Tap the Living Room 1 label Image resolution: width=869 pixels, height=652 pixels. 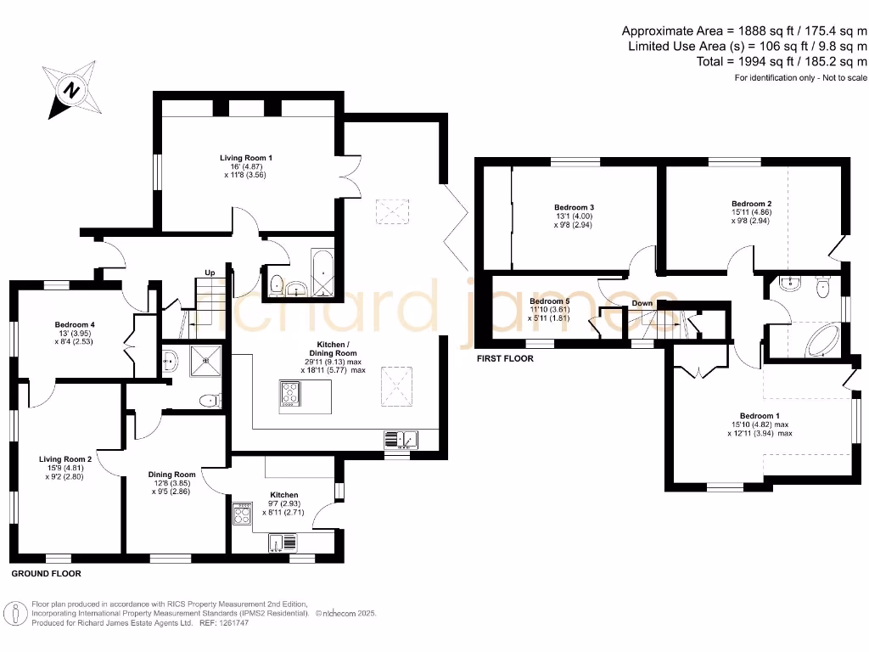coord(246,158)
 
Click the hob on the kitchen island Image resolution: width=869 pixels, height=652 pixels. coord(290,393)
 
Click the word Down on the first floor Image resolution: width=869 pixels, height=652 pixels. coord(642,303)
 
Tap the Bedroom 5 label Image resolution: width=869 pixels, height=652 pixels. coord(549,301)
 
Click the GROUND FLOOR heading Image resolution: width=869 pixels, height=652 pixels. coord(46,574)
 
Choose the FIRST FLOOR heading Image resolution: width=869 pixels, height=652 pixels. coord(505,359)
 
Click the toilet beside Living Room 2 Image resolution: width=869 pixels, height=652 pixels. coord(208,400)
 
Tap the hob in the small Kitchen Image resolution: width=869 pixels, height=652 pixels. coord(242,513)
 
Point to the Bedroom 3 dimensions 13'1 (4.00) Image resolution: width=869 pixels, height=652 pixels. coord(573,216)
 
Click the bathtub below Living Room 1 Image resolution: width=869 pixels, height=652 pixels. coord(324,273)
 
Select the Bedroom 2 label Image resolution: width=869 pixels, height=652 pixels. coord(751,204)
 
